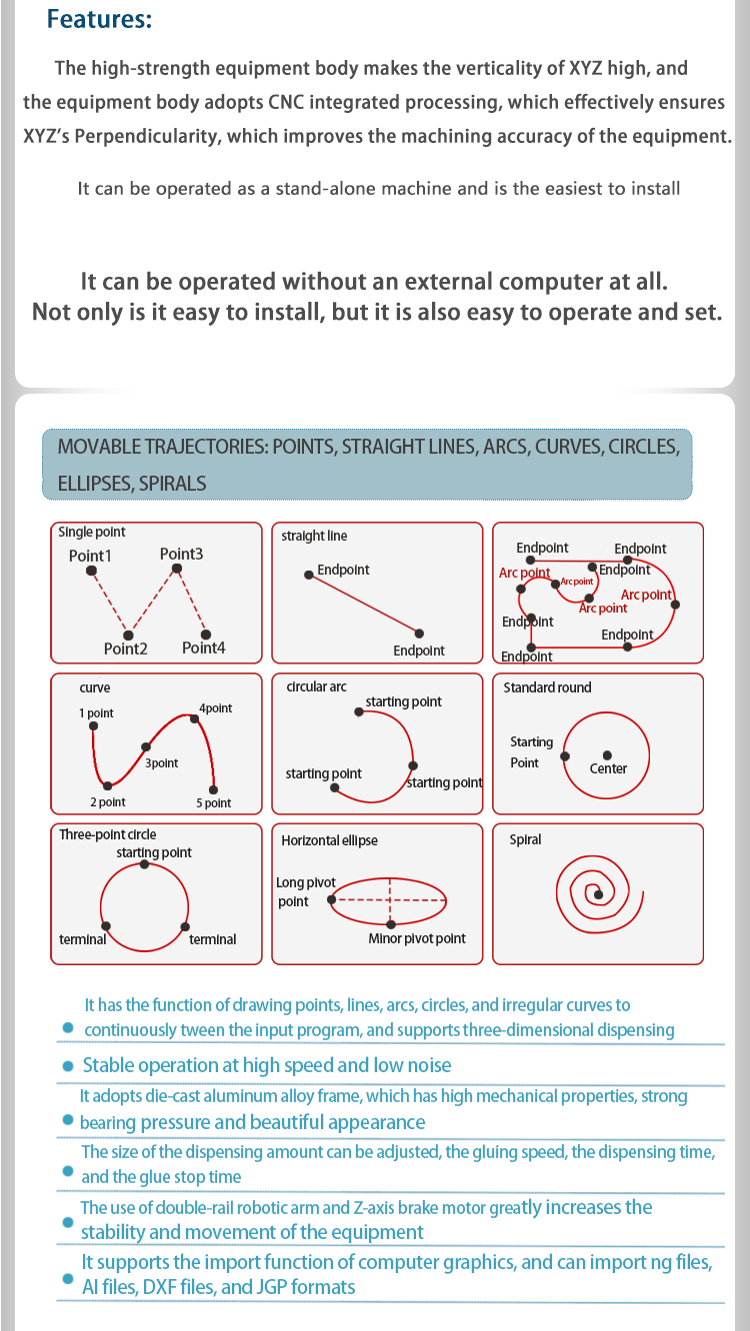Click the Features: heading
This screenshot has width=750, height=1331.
(x=99, y=19)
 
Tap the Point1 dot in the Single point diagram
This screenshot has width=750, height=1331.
(x=91, y=571)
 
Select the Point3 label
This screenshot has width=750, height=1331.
(x=181, y=554)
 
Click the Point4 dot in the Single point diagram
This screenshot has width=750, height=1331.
(x=206, y=635)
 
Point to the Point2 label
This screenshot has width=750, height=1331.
(x=125, y=649)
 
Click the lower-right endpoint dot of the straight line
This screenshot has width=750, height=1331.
(x=419, y=634)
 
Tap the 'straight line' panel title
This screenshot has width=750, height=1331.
(x=314, y=536)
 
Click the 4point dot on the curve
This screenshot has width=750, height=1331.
(x=194, y=719)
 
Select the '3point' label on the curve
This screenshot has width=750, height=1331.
(x=162, y=763)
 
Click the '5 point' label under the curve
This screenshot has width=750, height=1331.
(x=214, y=803)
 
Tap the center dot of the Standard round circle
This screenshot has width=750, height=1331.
(x=607, y=755)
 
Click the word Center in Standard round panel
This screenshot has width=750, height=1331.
(x=608, y=768)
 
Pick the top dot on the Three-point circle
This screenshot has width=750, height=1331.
(x=145, y=864)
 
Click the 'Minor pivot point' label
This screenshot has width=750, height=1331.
(x=417, y=938)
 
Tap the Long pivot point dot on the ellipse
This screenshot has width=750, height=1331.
(x=332, y=899)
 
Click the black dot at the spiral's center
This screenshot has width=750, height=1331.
(x=598, y=894)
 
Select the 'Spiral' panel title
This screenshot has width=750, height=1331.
(x=525, y=839)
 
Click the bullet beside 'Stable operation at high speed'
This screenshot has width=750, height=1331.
(x=68, y=1066)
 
